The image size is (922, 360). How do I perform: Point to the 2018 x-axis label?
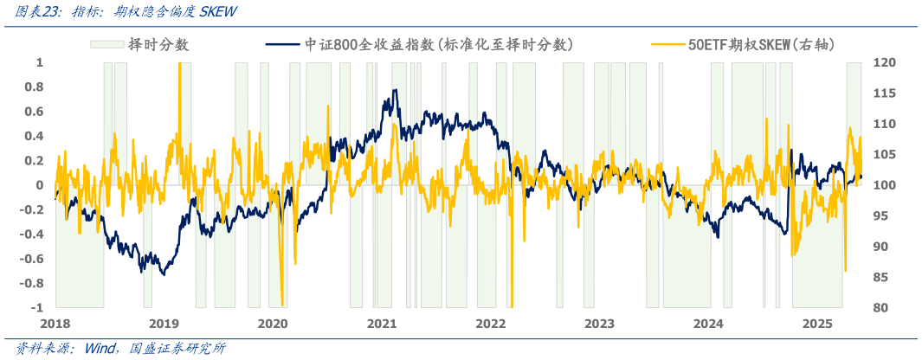[x=55, y=324]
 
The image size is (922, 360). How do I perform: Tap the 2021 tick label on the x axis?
[x=382, y=324]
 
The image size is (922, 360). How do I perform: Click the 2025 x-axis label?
[x=817, y=324]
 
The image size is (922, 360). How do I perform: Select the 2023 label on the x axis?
[x=599, y=324]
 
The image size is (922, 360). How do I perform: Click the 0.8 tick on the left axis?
[x=35, y=87]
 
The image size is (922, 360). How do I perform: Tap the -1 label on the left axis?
[x=37, y=308]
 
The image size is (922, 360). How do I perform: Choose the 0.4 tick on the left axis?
[x=35, y=136]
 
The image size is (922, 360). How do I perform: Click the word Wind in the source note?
[x=102, y=349]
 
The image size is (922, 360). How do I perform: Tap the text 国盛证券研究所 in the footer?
[x=178, y=349]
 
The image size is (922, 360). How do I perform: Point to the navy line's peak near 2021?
[x=396, y=90]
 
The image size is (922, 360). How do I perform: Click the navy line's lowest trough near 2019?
[x=141, y=273]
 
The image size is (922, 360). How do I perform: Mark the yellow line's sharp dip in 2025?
[x=845, y=270]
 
